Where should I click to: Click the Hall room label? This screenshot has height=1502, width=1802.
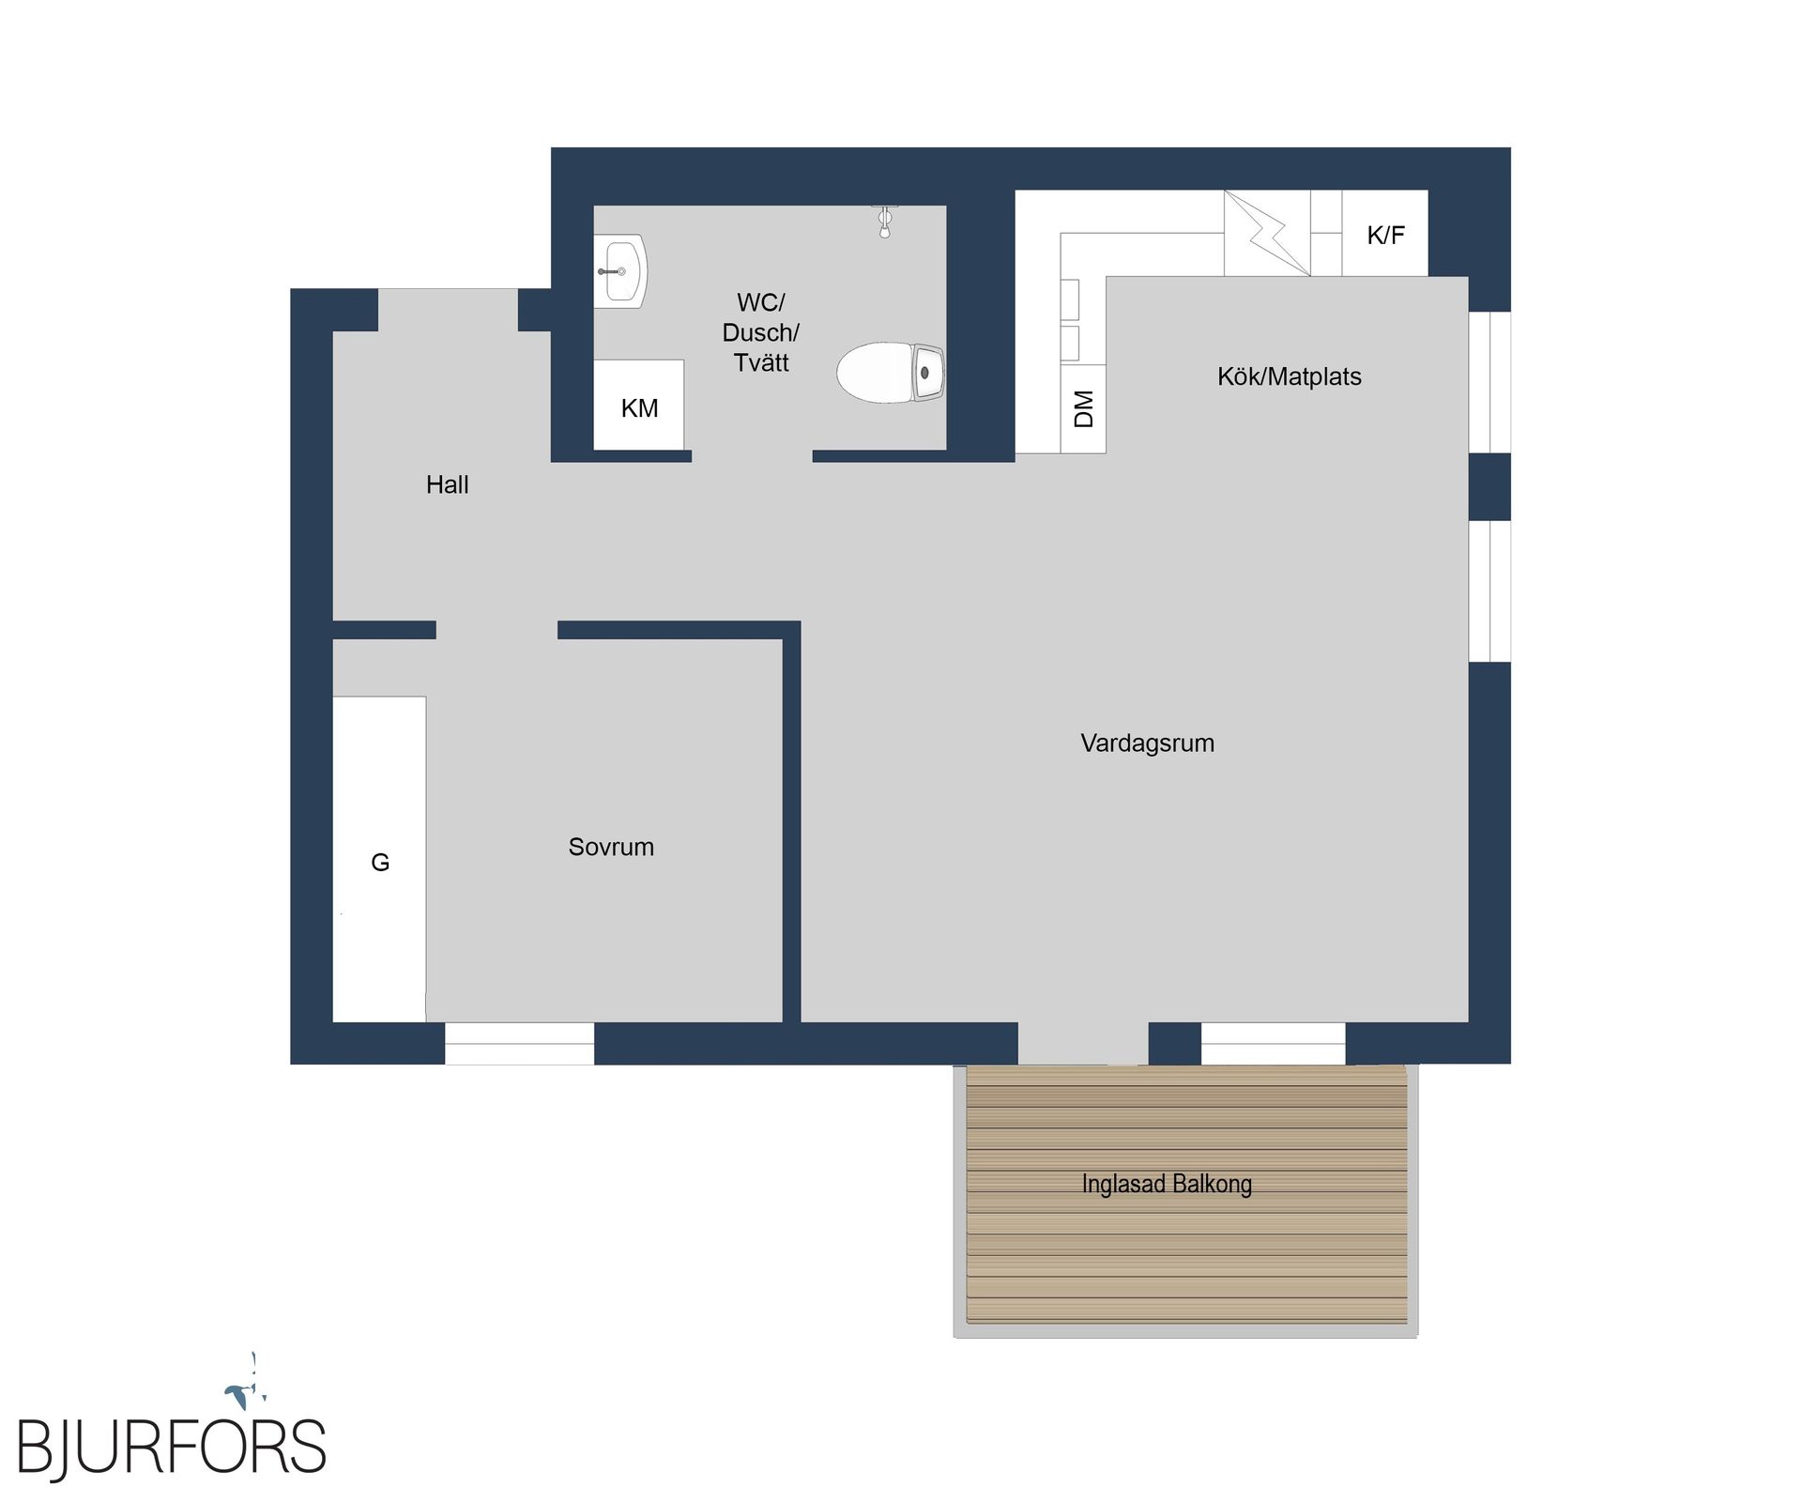[447, 484]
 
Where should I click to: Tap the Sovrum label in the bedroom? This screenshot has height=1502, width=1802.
[611, 847]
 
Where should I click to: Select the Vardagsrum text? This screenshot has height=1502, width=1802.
[1147, 743]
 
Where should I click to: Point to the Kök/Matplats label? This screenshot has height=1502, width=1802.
[1289, 376]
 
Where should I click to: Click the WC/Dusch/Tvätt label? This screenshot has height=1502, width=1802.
[760, 332]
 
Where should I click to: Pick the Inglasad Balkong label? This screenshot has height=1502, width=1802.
[1167, 1184]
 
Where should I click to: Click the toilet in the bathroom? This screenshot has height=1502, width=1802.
[891, 373]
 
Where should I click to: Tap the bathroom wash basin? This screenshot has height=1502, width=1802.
[620, 271]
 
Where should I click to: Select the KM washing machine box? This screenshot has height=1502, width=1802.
[639, 405]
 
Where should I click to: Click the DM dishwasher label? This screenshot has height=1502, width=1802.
[1083, 409]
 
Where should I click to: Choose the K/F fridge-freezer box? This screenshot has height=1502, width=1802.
[1385, 233]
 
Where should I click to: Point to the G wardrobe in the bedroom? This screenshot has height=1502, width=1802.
[379, 859]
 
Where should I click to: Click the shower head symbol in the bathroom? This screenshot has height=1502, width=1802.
[884, 221]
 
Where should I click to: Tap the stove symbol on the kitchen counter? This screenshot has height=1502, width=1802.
[1267, 233]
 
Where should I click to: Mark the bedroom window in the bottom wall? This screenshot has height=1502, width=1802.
[519, 1043]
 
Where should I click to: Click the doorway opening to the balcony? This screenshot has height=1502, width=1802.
[1083, 1043]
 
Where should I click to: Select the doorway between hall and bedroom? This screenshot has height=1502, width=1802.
[496, 630]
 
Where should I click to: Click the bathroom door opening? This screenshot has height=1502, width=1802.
[752, 456]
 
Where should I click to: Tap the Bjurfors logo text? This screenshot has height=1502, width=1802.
[172, 1448]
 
